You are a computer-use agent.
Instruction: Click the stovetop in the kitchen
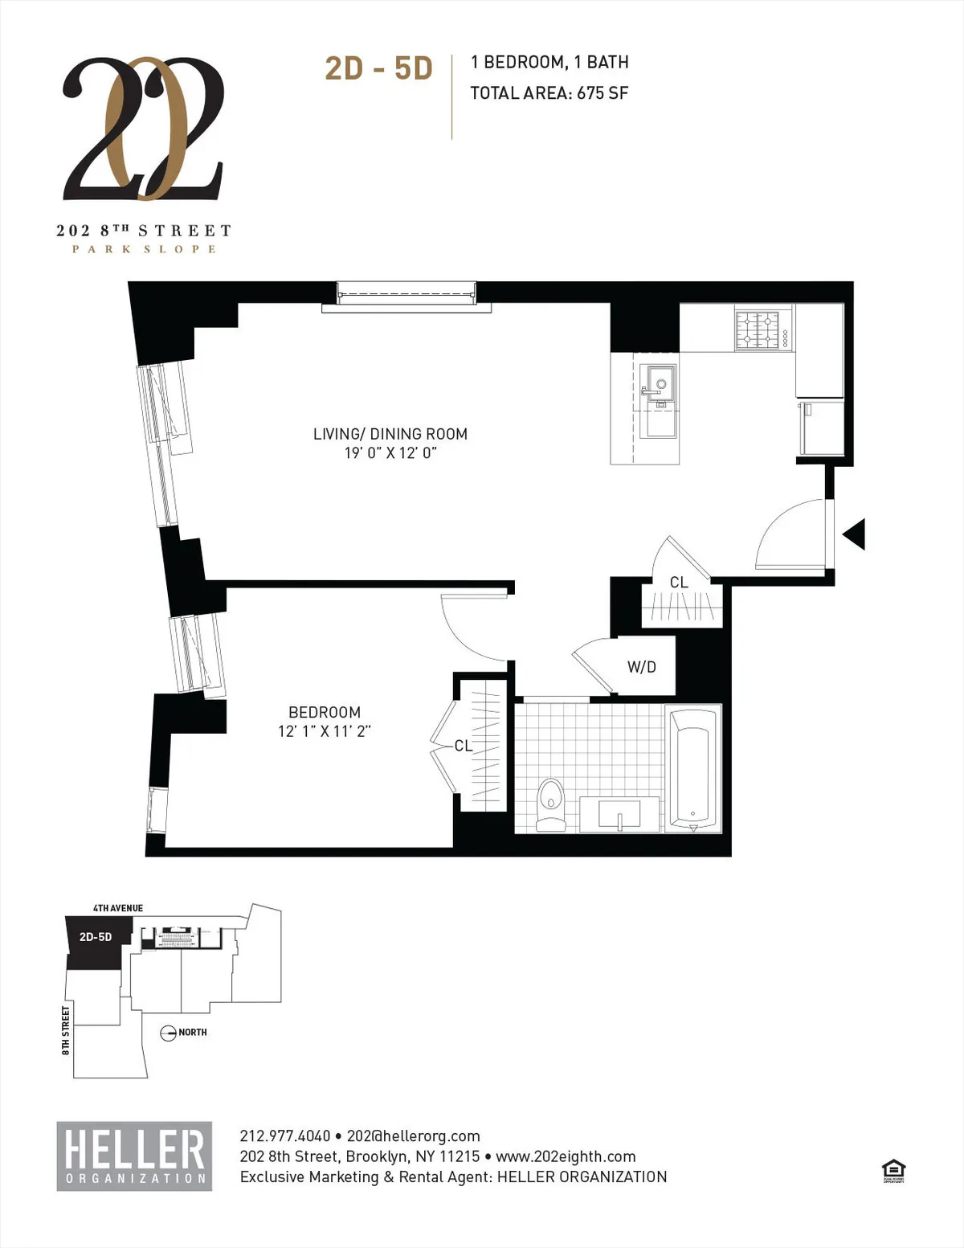point(762,330)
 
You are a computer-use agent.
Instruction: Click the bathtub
point(693,769)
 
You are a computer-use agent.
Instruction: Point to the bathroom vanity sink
point(619,814)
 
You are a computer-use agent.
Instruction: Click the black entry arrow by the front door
point(854,534)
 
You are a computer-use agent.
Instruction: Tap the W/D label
point(641,667)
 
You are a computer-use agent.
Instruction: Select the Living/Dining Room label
point(390,434)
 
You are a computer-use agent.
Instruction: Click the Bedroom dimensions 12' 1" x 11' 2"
point(324,731)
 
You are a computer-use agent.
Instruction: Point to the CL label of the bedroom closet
point(464,746)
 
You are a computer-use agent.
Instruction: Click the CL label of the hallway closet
point(679,582)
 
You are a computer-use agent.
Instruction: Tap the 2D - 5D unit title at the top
point(378,69)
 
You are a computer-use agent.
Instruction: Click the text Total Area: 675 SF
point(549,93)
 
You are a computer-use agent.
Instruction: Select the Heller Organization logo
point(134,1156)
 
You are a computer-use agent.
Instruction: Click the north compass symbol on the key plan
point(168,1033)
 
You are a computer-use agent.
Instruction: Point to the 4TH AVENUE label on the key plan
point(118,908)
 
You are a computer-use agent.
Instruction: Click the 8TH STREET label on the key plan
point(66,1030)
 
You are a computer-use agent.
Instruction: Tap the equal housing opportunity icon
point(893,1171)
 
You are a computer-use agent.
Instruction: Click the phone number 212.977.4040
point(284,1136)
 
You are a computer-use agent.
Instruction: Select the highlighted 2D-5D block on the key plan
point(95,940)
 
